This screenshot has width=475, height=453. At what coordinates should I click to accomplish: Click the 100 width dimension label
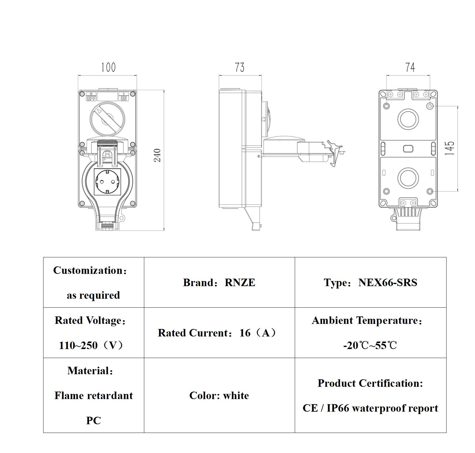108,67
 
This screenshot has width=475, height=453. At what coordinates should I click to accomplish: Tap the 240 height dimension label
157,155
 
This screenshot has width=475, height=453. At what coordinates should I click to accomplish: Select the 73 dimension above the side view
240,67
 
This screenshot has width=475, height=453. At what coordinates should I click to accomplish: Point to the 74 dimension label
410,67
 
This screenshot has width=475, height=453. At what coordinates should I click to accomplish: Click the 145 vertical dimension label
450,148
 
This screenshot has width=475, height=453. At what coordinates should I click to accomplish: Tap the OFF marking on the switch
91,98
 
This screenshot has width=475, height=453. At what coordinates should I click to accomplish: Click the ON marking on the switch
124,98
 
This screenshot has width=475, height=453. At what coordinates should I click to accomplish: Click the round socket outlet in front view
107,182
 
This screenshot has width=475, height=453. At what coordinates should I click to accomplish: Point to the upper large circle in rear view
408,119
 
